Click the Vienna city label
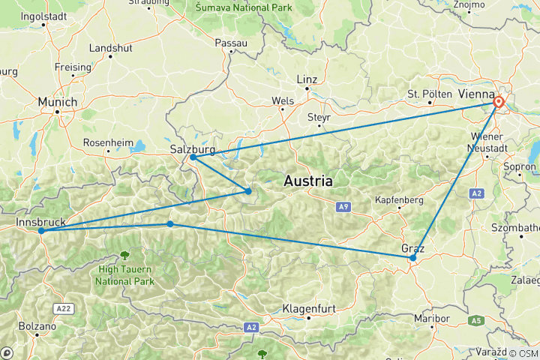(x=475, y=94)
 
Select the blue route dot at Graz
(x=413, y=258)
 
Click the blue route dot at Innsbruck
(x=41, y=231)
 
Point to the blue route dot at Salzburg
(x=193, y=157)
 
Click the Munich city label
(x=59, y=101)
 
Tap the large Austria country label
(x=308, y=181)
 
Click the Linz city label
(x=307, y=79)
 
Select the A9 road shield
(x=343, y=205)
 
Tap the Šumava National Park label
(x=232, y=7)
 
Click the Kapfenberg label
(x=400, y=200)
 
